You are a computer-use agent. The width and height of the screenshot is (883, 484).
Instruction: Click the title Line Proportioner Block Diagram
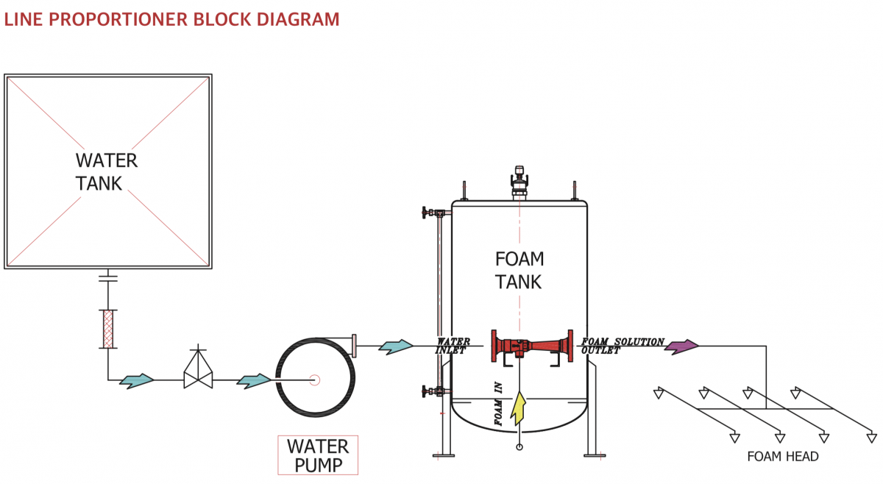(x=172, y=19)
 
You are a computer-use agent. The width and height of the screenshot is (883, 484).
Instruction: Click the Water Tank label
(x=106, y=171)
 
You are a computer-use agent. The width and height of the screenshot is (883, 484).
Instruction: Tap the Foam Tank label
(x=519, y=270)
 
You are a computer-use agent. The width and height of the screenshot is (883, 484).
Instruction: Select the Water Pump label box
(x=318, y=455)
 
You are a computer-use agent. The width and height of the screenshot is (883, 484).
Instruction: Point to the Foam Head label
(x=782, y=457)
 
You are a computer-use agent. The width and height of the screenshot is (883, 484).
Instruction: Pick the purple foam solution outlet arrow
(x=681, y=346)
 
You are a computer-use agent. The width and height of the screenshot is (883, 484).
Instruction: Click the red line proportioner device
(x=532, y=346)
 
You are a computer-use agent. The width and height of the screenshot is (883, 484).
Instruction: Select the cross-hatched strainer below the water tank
(x=107, y=329)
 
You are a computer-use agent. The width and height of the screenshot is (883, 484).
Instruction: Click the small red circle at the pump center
(x=314, y=380)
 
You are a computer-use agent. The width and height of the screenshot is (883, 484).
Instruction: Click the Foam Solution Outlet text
(x=623, y=346)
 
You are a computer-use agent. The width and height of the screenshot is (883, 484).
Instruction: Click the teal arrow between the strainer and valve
(x=137, y=380)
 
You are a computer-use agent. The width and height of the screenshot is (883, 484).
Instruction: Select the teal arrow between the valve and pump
(x=255, y=380)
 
